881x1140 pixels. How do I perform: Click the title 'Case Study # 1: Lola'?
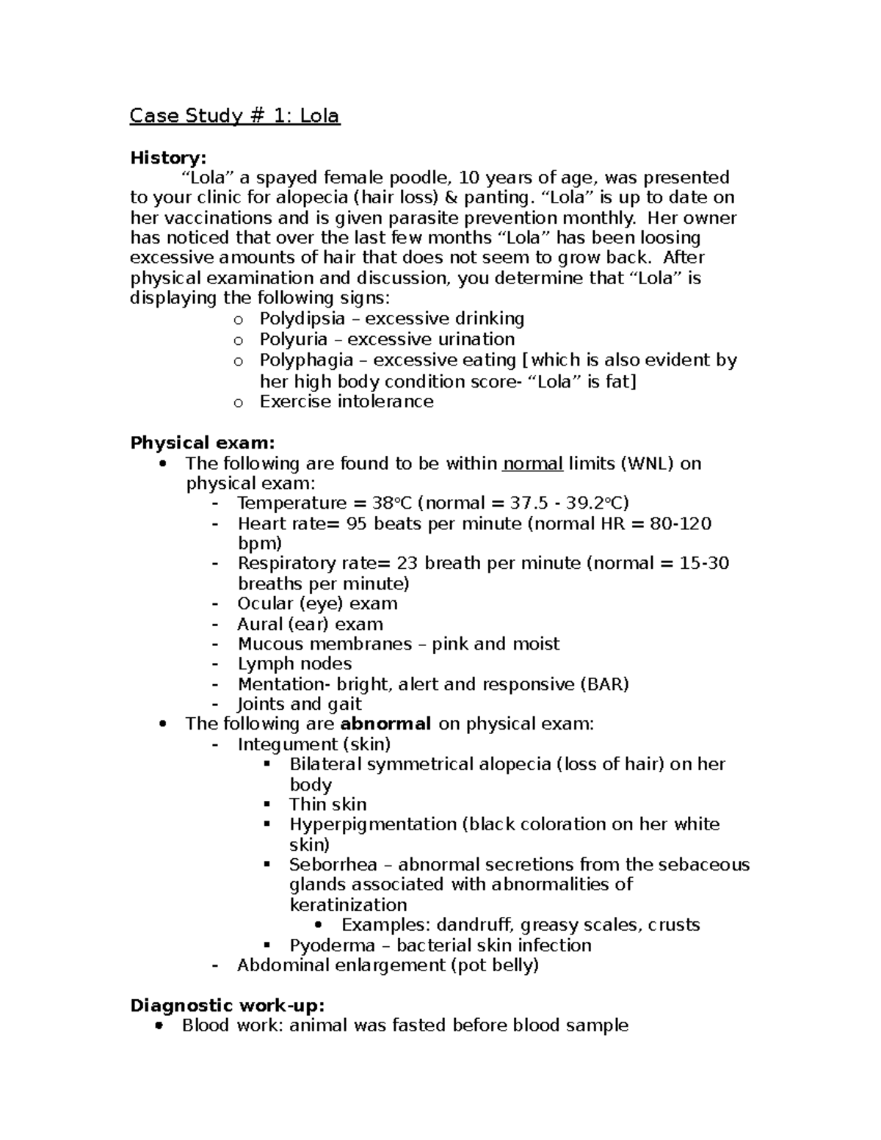[x=235, y=116]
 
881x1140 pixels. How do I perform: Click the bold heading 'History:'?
[x=168, y=158]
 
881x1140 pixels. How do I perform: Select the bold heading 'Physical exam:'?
[x=203, y=443]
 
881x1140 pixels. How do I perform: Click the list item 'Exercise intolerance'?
[x=346, y=402]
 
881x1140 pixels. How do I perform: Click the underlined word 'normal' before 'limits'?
[x=533, y=463]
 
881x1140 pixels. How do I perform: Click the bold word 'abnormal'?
[x=386, y=724]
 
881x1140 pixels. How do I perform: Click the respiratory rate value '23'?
[x=407, y=563]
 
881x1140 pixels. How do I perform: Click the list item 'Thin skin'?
[x=327, y=805]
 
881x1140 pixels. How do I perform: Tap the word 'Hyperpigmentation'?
[x=372, y=824]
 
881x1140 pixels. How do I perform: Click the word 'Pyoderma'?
[x=332, y=945]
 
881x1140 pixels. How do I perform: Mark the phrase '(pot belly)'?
[x=494, y=965]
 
